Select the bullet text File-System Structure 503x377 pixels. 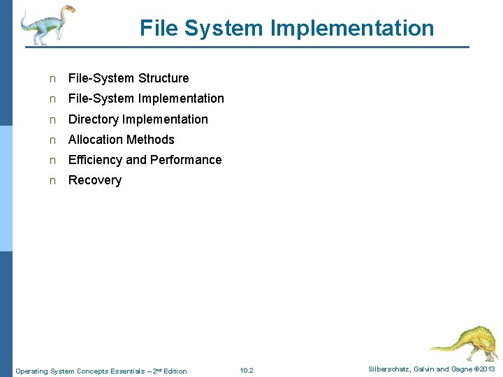click(x=129, y=78)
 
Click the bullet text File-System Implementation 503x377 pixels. click(x=146, y=98)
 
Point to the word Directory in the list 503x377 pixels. click(x=93, y=119)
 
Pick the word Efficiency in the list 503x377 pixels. click(x=95, y=160)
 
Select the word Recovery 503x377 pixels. click(x=95, y=180)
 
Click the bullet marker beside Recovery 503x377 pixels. click(x=52, y=181)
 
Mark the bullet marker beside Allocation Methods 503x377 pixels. click(x=52, y=140)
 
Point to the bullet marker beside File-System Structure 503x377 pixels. click(x=52, y=79)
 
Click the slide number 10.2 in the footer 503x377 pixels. click(x=246, y=371)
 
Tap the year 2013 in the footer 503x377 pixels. click(x=488, y=369)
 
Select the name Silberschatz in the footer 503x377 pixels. click(x=391, y=369)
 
